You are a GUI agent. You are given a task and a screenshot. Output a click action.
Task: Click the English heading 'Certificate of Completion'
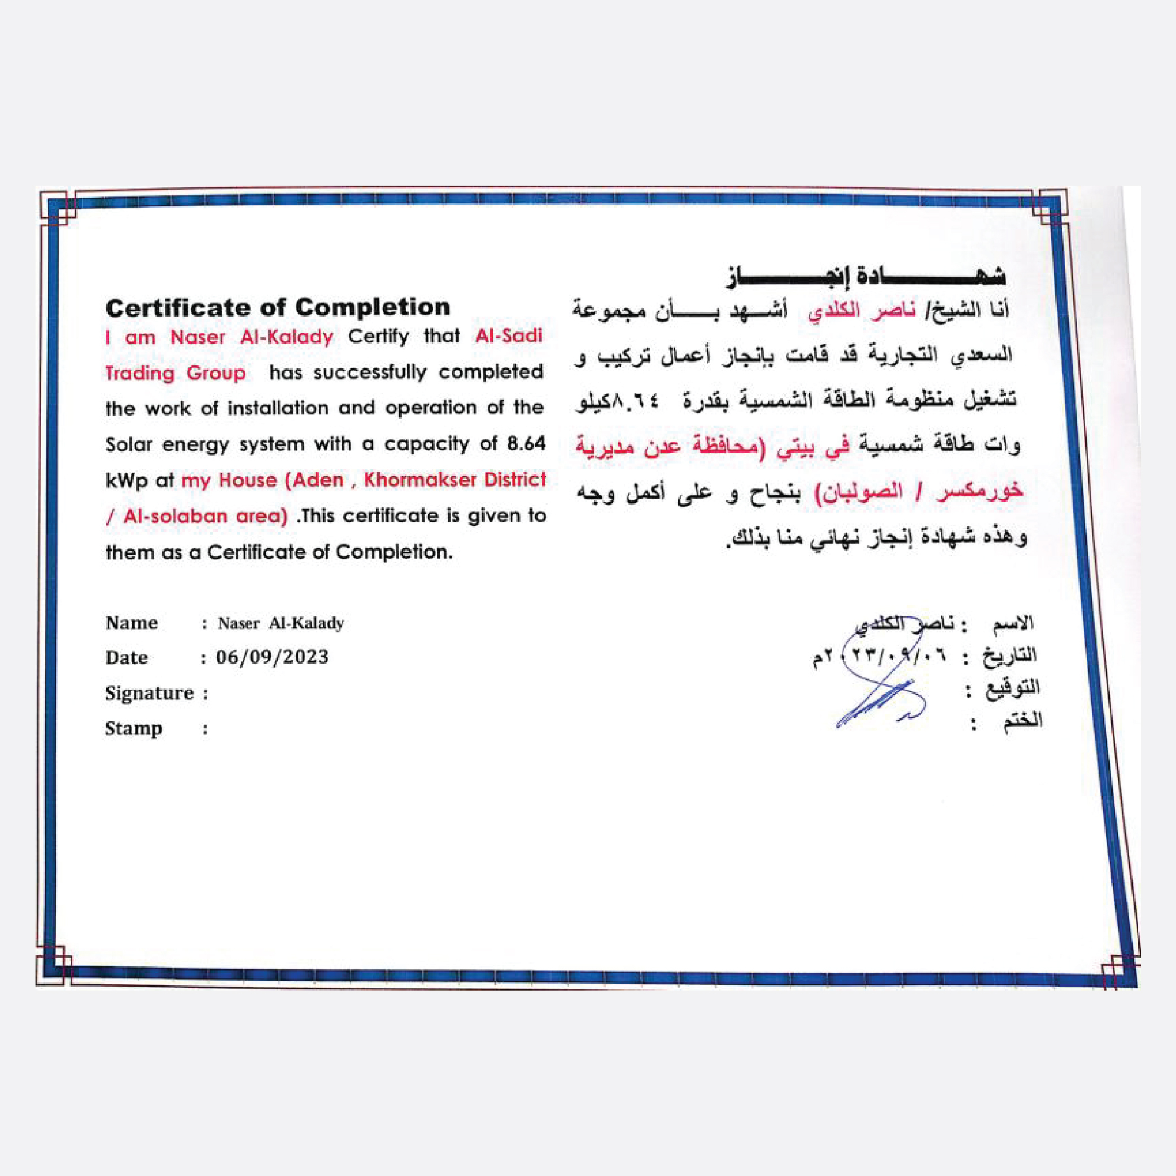(278, 307)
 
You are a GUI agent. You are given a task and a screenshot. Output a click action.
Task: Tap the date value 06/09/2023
(272, 657)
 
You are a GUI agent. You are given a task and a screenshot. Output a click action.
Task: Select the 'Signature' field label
(149, 693)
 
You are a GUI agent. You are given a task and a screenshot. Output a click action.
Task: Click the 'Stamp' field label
(133, 728)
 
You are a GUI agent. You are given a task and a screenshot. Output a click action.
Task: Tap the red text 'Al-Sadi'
(509, 336)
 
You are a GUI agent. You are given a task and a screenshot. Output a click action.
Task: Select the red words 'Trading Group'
(176, 373)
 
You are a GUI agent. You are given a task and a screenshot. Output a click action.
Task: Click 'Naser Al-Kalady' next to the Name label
(281, 623)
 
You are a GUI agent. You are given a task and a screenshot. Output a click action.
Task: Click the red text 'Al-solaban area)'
(205, 516)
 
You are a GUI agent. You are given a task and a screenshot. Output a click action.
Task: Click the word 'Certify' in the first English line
(378, 336)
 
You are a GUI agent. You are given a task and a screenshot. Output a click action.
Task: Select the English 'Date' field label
(126, 657)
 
